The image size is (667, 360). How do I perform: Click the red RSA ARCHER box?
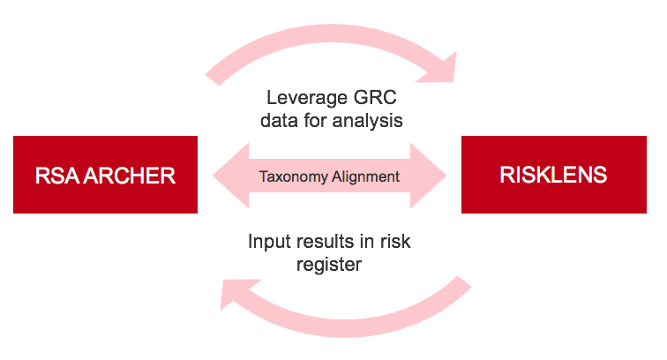point(105,175)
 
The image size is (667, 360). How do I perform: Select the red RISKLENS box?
point(553,175)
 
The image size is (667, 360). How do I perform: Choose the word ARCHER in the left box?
point(126,175)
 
